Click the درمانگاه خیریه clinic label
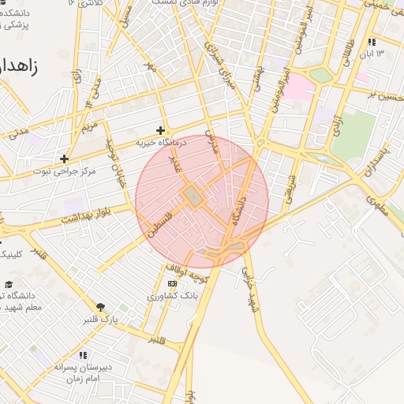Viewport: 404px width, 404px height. tap(159, 143)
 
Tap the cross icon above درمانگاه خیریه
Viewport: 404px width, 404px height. tap(160, 130)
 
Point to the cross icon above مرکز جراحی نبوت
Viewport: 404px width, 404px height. tap(64, 158)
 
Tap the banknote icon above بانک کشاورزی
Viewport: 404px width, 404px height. tap(172, 283)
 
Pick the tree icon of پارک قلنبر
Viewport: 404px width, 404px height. tap(100, 307)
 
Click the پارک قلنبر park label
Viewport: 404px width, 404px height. tap(100, 320)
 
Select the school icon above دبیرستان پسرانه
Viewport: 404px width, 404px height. tap(83, 355)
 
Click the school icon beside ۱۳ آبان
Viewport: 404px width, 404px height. tap(372, 42)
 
